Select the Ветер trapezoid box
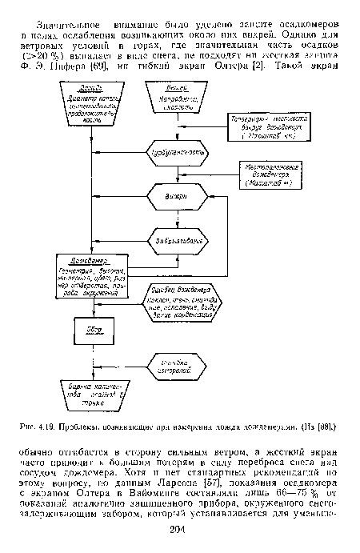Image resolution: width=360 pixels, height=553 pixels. [x=174, y=101]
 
